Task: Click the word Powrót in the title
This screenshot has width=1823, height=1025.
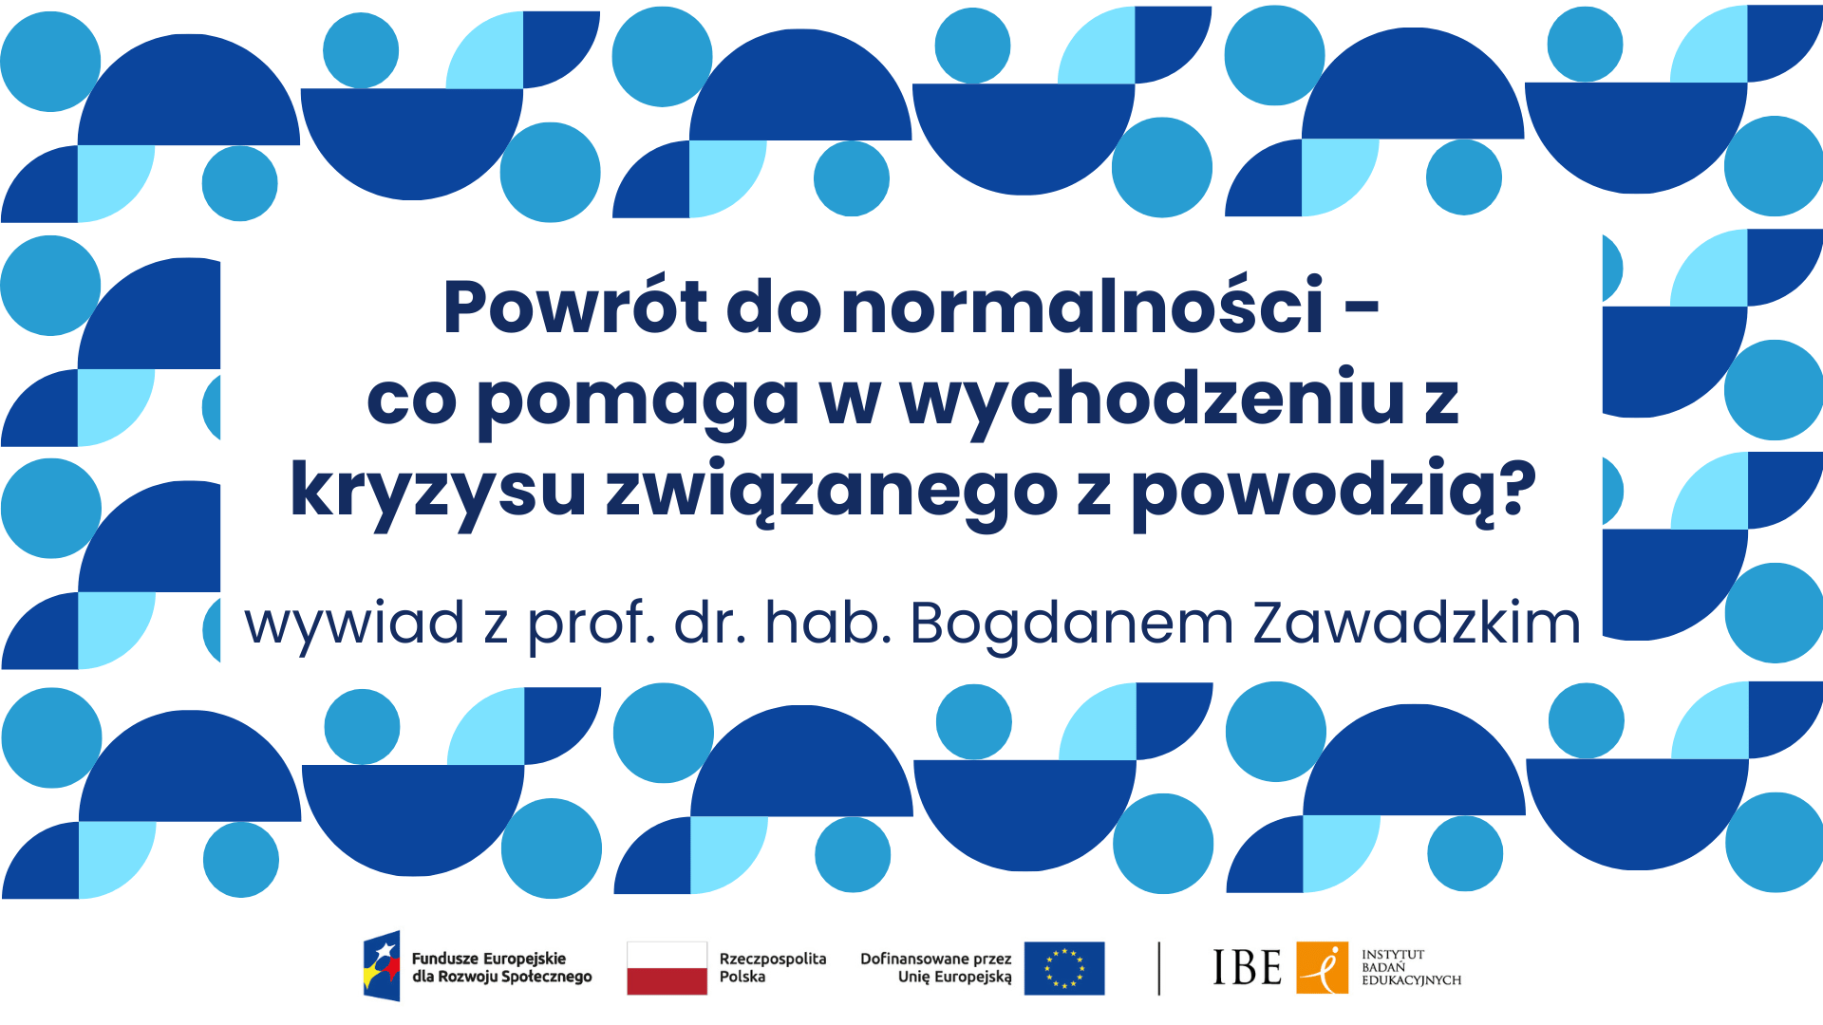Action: (x=575, y=307)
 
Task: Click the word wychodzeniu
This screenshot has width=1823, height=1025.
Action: (x=1153, y=401)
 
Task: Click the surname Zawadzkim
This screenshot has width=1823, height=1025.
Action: (x=1417, y=623)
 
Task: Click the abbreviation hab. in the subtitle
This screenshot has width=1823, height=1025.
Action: (x=828, y=623)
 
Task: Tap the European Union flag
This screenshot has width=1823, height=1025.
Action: (x=1064, y=968)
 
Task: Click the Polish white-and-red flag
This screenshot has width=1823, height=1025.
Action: (x=667, y=968)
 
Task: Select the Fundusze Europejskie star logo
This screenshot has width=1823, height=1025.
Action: (x=382, y=966)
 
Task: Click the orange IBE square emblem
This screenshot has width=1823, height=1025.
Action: (x=1322, y=968)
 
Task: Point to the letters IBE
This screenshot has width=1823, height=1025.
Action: (x=1247, y=968)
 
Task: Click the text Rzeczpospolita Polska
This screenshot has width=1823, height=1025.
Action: (x=773, y=968)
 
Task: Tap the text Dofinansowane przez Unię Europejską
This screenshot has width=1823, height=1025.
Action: (x=936, y=968)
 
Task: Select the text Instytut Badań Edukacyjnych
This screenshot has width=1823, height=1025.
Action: (x=1411, y=968)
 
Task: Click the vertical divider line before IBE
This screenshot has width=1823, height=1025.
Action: (x=1159, y=968)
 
